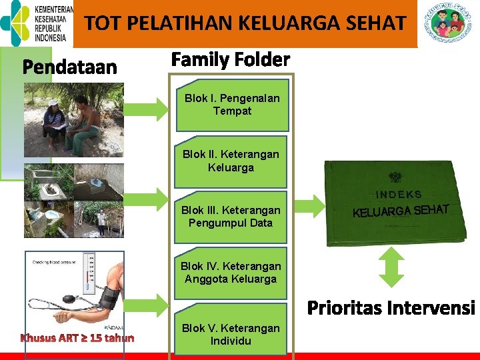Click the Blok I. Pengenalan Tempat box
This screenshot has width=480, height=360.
pyautogui.click(x=232, y=105)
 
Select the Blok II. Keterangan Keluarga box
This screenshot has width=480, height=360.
pyautogui.click(x=231, y=161)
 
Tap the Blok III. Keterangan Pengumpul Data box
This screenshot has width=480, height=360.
pyautogui.click(x=231, y=217)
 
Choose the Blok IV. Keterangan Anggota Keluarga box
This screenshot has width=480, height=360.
pyautogui.click(x=231, y=273)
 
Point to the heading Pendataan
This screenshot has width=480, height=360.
pyautogui.click(x=70, y=68)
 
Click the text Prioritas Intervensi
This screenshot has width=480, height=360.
pyautogui.click(x=391, y=309)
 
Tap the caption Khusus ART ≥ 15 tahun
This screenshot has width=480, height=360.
pyautogui.click(x=77, y=338)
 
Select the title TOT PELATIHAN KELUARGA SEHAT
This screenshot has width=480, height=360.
pyautogui.click(x=245, y=24)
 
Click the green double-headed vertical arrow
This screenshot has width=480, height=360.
pyautogui.click(x=392, y=271)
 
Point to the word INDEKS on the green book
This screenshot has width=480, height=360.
pyautogui.click(x=399, y=195)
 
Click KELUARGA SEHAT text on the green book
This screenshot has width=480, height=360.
pyautogui.click(x=401, y=211)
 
